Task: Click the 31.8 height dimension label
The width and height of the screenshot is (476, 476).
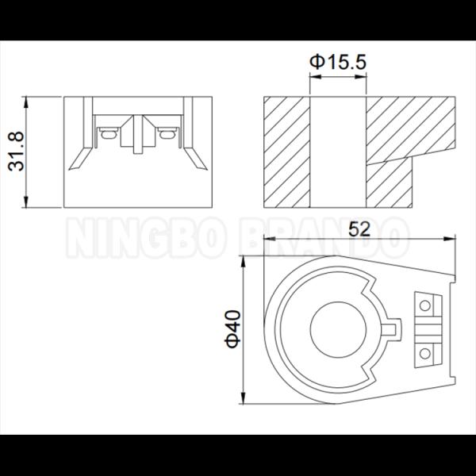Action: pyautogui.click(x=16, y=152)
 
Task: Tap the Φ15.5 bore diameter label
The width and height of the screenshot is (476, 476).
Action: pyautogui.click(x=338, y=62)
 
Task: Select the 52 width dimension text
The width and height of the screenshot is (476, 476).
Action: pyautogui.click(x=359, y=229)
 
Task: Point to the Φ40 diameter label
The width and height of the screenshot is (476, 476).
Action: pyautogui.click(x=232, y=328)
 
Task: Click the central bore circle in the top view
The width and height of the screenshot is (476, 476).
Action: pyautogui.click(x=338, y=330)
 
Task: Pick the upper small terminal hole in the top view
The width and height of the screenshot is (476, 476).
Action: pyautogui.click(x=424, y=305)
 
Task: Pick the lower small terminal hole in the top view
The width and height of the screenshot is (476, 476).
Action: pyautogui.click(x=424, y=354)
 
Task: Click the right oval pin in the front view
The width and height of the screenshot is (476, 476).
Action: pyautogui.click(x=167, y=134)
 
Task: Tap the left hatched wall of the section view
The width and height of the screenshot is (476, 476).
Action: pyautogui.click(x=287, y=152)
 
